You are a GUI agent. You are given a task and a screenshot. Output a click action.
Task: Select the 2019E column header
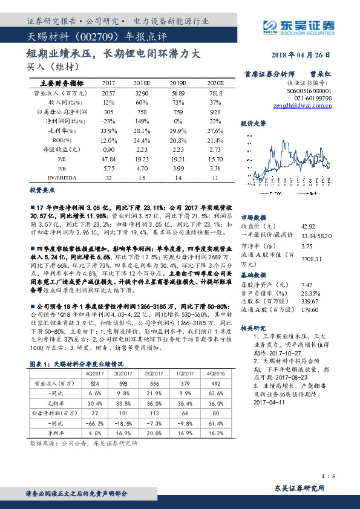(x=177, y=83)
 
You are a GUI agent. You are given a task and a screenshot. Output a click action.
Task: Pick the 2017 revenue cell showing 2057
(x=108, y=94)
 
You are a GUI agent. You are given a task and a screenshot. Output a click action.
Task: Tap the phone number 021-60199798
(x=312, y=97)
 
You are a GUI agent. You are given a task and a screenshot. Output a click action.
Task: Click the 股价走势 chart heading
(x=253, y=123)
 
